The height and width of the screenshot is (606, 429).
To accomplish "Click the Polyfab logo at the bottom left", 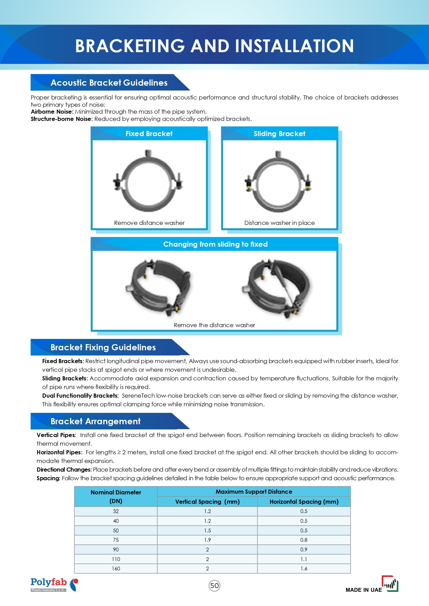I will click(x=54, y=585).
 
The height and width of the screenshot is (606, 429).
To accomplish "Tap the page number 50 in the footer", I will click(x=214, y=586).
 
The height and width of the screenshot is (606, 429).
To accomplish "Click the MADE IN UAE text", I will click(x=364, y=590).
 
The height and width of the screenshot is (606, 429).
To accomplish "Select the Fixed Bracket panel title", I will click(x=149, y=134).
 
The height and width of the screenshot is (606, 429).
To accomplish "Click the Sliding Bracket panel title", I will click(x=279, y=134).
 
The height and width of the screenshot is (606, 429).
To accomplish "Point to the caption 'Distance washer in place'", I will click(x=279, y=223).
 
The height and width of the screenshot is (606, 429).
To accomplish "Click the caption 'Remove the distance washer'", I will click(x=214, y=325).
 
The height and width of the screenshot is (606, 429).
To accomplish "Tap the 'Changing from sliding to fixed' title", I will click(x=215, y=244).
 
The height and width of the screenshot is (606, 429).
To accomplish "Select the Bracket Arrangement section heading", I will click(x=95, y=422).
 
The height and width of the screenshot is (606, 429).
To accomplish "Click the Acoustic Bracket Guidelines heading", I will click(x=109, y=83).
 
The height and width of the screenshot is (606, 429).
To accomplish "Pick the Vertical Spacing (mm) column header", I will click(x=207, y=502).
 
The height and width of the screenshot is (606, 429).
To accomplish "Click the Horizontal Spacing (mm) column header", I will click(x=304, y=502).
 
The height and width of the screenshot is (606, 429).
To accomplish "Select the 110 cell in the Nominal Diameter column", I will click(x=116, y=559).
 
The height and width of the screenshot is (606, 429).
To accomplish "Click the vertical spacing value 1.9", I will click(x=207, y=540).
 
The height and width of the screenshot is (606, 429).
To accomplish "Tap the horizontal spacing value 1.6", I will click(x=304, y=569).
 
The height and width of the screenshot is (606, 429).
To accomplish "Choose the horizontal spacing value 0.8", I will click(x=304, y=540).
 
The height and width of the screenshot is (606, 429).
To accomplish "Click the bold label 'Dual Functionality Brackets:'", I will click(x=80, y=396).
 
